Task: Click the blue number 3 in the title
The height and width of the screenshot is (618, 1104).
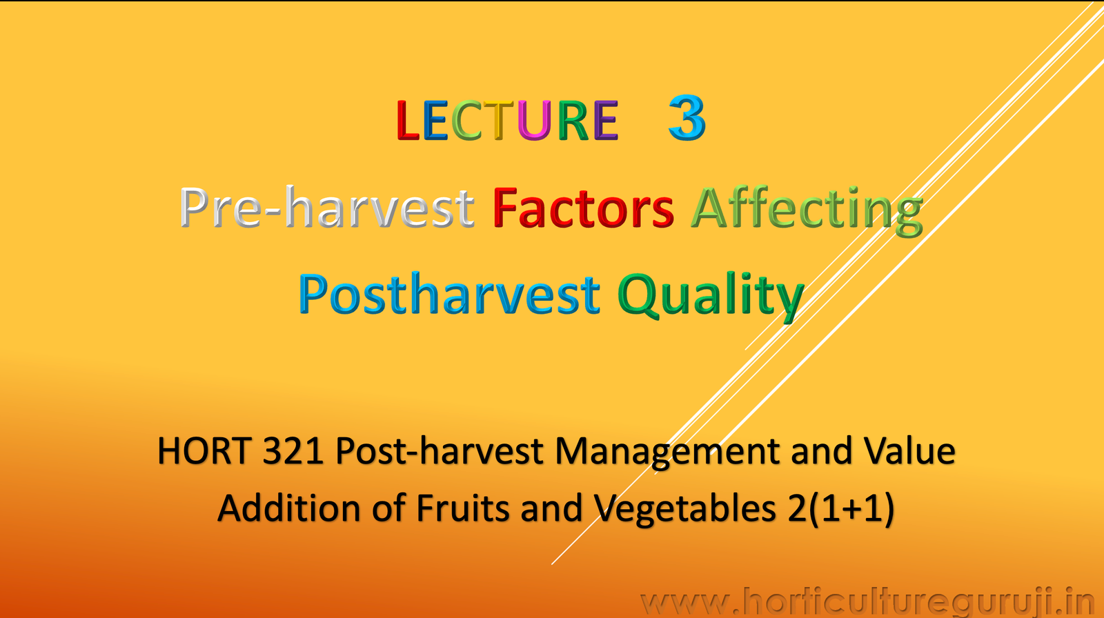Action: click(687, 119)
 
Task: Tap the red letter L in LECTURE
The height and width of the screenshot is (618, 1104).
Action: click(408, 121)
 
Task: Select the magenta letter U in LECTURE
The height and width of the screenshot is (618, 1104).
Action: click(534, 121)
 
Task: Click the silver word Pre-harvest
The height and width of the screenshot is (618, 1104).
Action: click(327, 208)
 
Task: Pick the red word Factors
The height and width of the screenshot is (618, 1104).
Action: click(583, 208)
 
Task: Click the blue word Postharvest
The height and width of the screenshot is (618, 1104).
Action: click(449, 295)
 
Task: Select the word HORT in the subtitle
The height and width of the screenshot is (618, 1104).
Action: click(203, 452)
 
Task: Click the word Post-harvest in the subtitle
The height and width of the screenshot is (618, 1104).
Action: click(440, 452)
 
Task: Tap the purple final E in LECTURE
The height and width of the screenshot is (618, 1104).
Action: click(605, 121)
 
